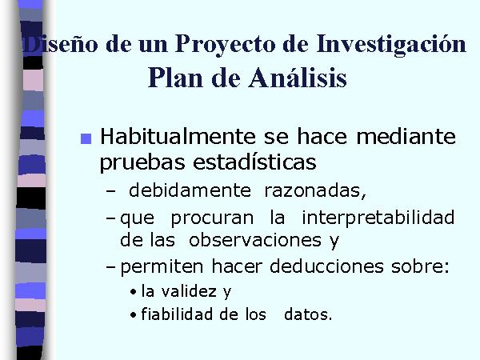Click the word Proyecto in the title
click(226, 45)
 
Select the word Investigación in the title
click(391, 44)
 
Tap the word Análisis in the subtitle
click(298, 77)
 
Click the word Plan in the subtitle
click(175, 78)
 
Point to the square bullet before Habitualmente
click(86, 138)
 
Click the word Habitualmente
click(178, 136)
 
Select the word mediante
click(406, 136)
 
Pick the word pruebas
click(142, 162)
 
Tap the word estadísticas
click(254, 162)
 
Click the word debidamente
click(190, 190)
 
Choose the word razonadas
click(315, 191)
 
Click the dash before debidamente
click(111, 191)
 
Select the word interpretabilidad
click(378, 218)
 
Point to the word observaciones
click(255, 240)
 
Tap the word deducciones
click(326, 266)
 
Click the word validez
click(189, 291)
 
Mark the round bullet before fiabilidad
click(133, 315)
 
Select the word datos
click(308, 314)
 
